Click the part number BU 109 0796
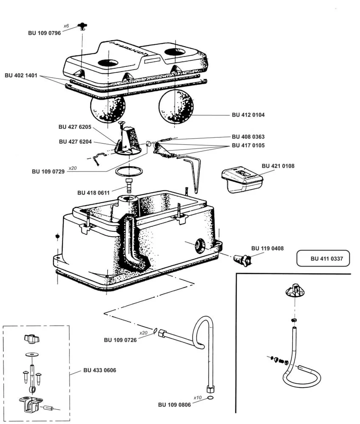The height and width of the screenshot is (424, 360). coord(45,33)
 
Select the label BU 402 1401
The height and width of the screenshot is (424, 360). coord(21,75)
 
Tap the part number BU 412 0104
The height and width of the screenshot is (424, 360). coord(248,115)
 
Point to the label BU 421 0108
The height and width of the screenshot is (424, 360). coord(278,166)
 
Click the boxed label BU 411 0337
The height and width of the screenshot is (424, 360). coord(323,258)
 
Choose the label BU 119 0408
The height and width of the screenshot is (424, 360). coord(268,248)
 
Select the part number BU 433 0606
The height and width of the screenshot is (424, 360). coord(100,370)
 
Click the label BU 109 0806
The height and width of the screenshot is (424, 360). coord(174,404)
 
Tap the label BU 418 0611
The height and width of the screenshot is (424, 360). coord(93,192)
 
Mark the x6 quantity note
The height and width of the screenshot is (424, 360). coord(66,26)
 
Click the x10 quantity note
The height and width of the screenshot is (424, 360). coord(197,398)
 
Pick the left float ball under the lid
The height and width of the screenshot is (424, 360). coord(108,108)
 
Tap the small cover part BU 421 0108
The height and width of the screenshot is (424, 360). coord(242,180)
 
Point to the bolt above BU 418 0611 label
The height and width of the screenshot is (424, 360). coord(129,185)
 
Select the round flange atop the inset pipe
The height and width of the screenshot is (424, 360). coord(293,292)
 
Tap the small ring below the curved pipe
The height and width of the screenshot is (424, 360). coord(211,399)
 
